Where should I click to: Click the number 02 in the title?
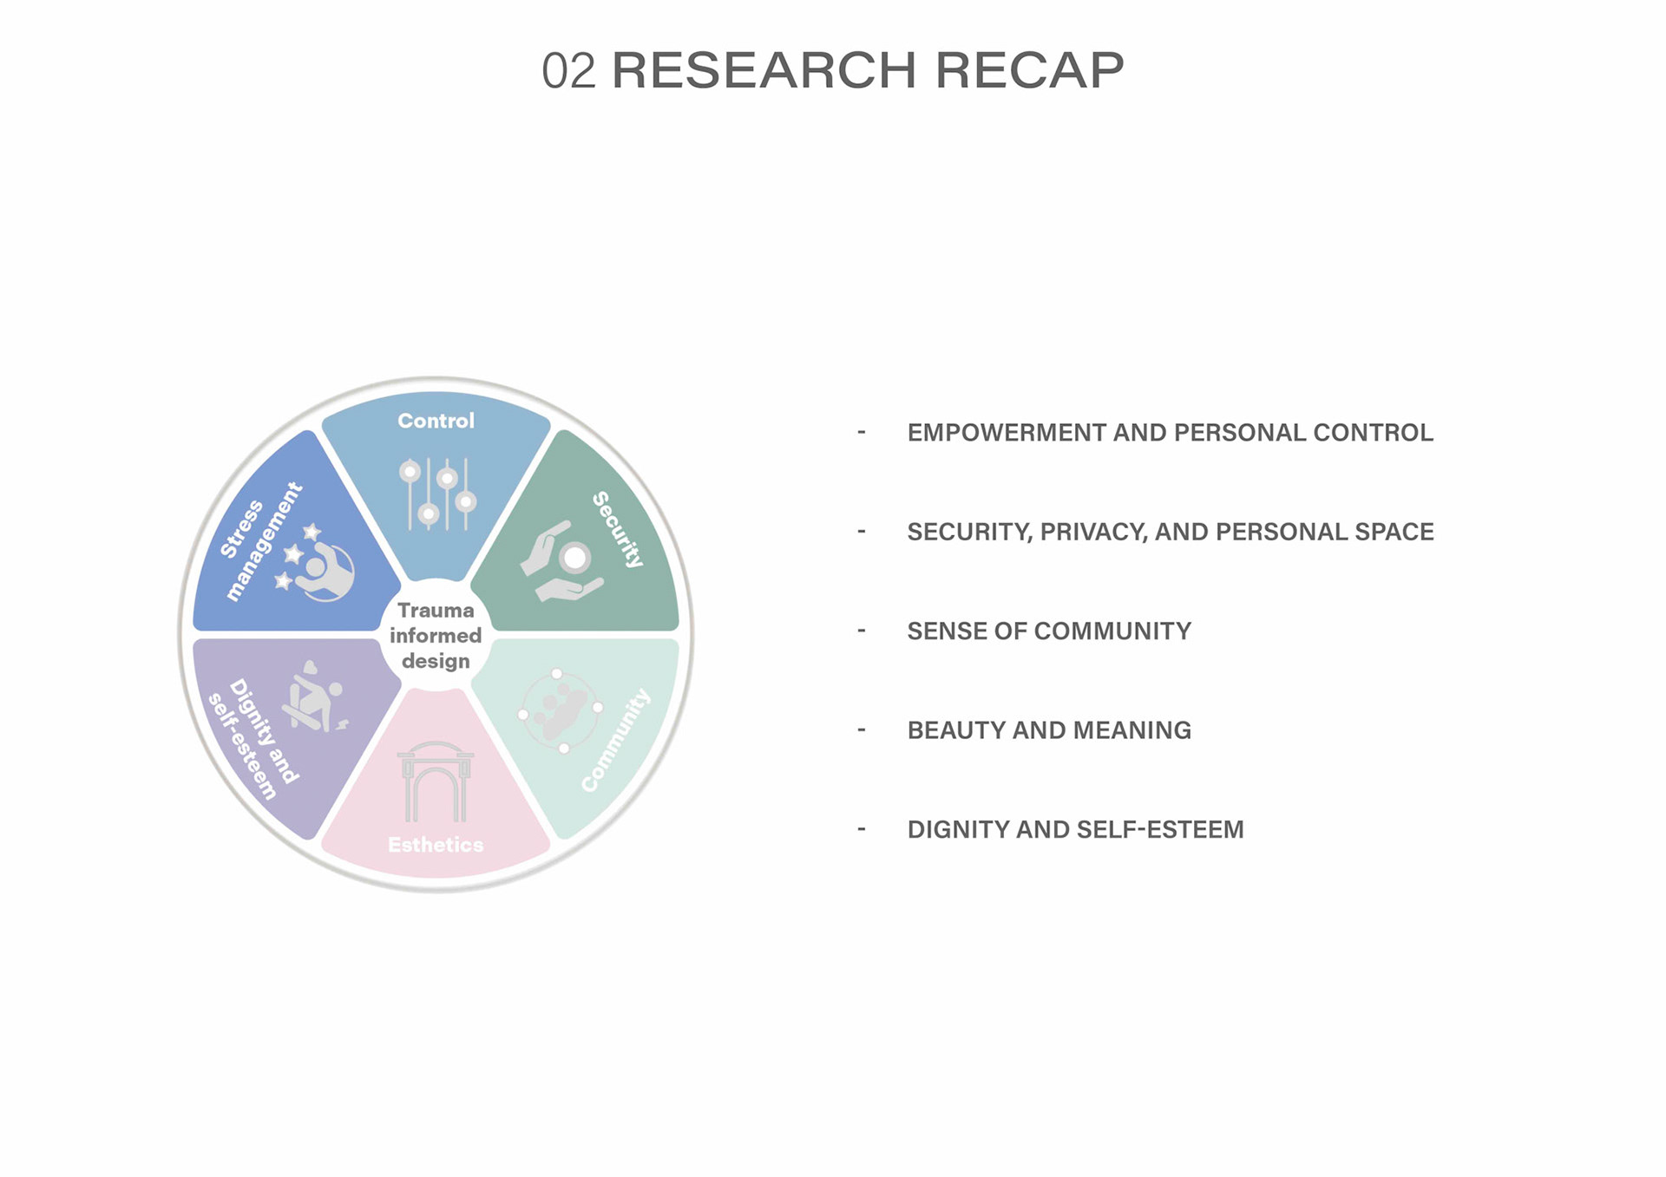coord(568,71)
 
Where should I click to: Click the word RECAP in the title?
coord(1028,71)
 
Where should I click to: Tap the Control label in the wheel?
coord(436,421)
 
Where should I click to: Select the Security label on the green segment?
coord(618,529)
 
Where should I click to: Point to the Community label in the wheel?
coord(616,740)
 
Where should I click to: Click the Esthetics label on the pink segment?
coord(436,845)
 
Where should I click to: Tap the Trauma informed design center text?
coord(436,636)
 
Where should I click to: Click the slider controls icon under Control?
coord(437,494)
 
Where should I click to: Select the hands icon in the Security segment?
coord(562,561)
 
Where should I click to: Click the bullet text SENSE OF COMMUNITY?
coord(1049,631)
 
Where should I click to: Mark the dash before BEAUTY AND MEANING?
coord(862,730)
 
